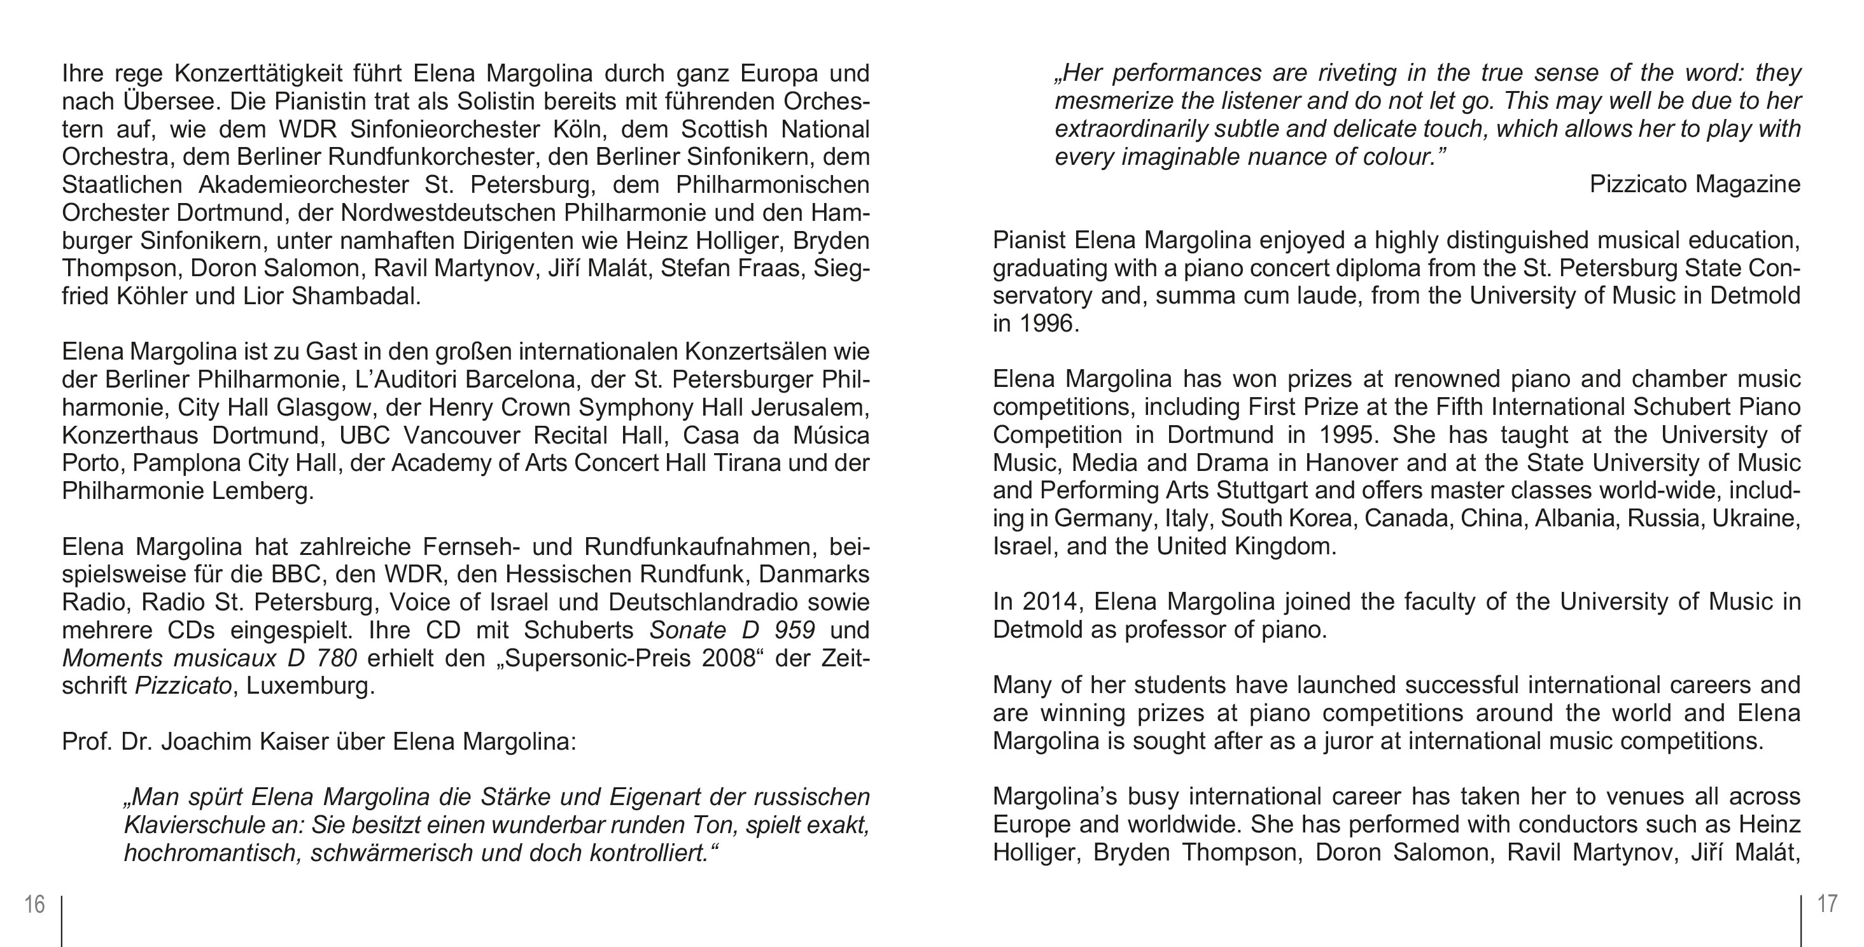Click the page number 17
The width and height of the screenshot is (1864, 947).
pyautogui.click(x=1827, y=904)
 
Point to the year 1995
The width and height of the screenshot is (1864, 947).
pyautogui.click(x=1345, y=435)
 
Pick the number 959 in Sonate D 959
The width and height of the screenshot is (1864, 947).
pyautogui.click(x=794, y=630)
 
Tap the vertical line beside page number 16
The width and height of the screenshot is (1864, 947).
pyautogui.click(x=62, y=921)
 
